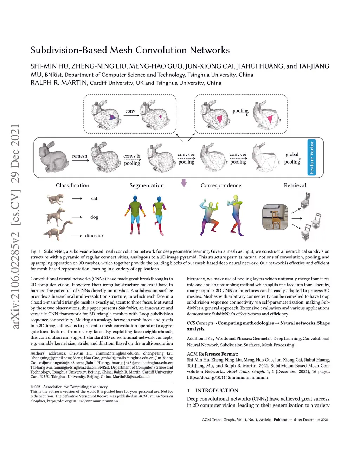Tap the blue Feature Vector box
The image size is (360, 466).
(311, 157)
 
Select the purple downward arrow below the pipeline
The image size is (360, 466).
(184, 183)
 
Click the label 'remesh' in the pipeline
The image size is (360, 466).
(80, 156)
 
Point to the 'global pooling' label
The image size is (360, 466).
(292, 158)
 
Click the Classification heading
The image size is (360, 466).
(72, 185)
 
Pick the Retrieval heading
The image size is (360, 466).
(295, 185)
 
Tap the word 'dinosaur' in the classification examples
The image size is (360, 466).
(94, 236)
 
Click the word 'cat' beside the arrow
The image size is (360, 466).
(94, 198)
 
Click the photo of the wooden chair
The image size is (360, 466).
(275, 217)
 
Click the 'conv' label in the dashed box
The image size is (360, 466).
(130, 111)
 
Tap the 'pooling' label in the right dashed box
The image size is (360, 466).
(240, 111)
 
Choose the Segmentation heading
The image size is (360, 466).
(147, 185)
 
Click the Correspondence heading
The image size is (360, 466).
(221, 185)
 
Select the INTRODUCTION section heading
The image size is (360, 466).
(217, 390)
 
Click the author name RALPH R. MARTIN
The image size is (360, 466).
(59, 83)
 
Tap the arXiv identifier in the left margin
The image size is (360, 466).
(15, 227)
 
